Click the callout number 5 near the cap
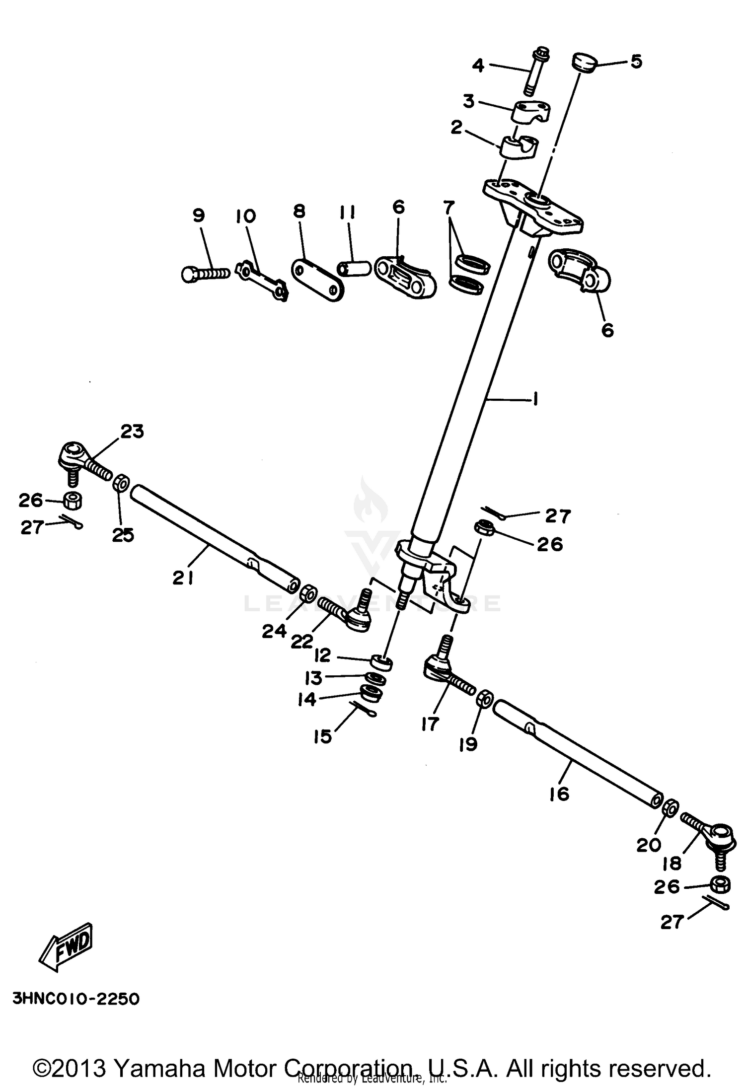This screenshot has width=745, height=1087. tap(636, 62)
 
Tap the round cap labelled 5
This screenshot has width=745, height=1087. tap(585, 63)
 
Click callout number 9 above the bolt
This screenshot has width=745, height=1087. tap(198, 216)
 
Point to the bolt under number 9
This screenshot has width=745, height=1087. tap(205, 274)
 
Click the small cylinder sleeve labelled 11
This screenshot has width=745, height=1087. tap(355, 269)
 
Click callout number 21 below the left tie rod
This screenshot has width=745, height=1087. tap(183, 578)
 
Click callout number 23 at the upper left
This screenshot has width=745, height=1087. tap(132, 432)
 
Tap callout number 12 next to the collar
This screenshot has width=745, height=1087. tap(322, 655)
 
